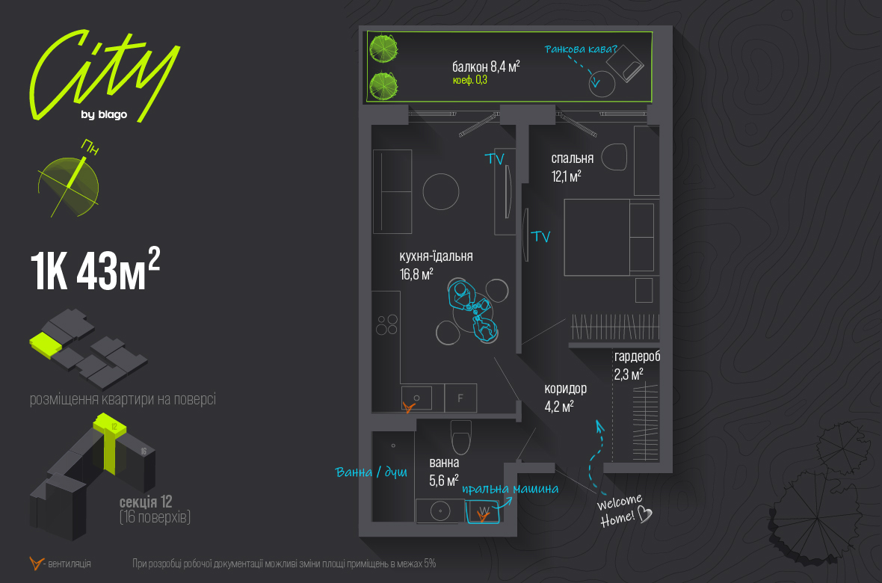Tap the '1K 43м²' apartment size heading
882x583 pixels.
coord(95,270)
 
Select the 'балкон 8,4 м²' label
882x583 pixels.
coord(486,67)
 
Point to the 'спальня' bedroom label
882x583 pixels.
coord(572,158)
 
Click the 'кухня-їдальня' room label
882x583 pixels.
coord(436,256)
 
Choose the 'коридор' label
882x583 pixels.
coord(565,388)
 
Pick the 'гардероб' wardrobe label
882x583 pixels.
coord(637,357)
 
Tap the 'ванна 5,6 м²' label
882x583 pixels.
coord(444,472)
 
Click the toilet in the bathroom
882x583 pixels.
coord(461,437)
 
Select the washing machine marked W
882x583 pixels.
coord(483,511)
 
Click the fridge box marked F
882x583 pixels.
coord(460,398)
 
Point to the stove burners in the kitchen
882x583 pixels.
coord(387,324)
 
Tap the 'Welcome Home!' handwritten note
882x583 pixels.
coord(624,510)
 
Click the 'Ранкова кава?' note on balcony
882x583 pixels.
coord(581,49)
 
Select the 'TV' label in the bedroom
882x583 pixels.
coord(540,236)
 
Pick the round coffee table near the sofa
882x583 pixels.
coord(441,191)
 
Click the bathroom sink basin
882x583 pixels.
coord(440,511)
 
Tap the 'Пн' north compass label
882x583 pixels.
coord(90,148)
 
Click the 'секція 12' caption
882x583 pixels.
coord(146,502)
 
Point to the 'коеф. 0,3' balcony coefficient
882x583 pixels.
coord(469,81)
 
